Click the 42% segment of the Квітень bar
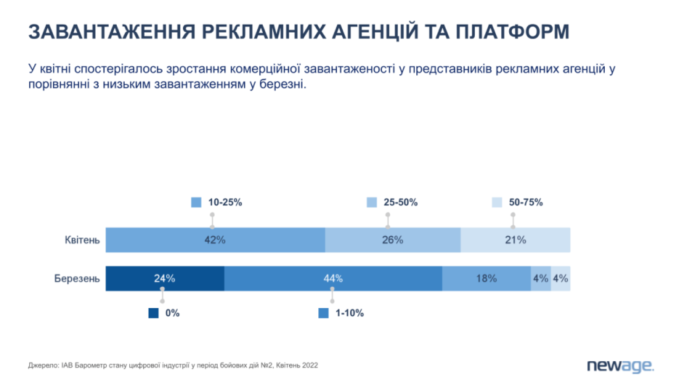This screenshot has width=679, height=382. coord(215,240)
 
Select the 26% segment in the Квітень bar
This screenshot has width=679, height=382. coord(393,240)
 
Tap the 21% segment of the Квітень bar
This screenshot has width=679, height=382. coord(515,240)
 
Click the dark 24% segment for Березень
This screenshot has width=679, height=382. coord(165,279)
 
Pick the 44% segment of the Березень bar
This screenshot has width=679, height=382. coord(333,279)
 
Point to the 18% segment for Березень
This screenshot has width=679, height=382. coord(486,279)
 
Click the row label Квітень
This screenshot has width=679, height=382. coord(82,240)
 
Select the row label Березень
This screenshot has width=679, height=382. coord(77,279)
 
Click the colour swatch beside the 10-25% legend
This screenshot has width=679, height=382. coord(196,202)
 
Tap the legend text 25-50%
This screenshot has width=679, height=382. coord(401,202)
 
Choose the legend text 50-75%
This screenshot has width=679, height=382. coord(526,202)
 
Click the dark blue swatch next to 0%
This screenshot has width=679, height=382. coord(154,313)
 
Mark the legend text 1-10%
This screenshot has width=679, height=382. coord(350,313)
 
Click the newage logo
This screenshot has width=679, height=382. coord(620,366)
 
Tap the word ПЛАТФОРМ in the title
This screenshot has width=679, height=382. coord(512,32)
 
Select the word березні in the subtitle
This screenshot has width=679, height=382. coord(283,84)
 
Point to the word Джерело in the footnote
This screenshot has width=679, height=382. coord(43,365)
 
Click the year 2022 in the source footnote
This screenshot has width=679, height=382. coord(310,365)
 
